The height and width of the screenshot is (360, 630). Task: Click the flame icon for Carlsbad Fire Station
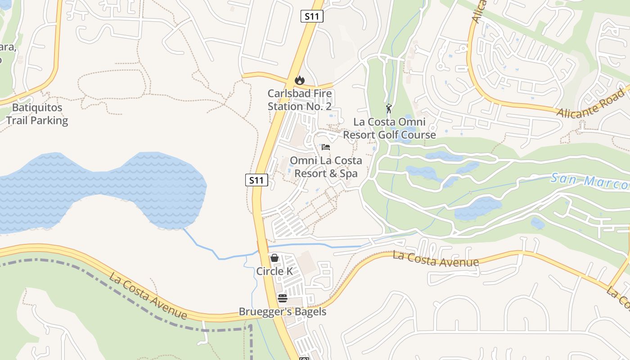[299, 80]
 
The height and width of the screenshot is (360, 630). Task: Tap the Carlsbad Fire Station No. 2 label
[300, 100]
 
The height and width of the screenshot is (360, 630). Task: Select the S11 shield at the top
[312, 17]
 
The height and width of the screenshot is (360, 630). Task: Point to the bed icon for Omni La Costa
[326, 147]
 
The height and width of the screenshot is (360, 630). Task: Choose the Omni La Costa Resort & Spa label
[326, 167]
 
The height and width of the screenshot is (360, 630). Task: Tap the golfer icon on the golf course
[389, 108]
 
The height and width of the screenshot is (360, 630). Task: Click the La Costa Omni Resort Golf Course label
[389, 128]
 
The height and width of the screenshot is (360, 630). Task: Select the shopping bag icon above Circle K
[274, 258]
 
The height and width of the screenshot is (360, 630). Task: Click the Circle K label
[274, 271]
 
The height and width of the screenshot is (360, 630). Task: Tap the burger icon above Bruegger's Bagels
[283, 298]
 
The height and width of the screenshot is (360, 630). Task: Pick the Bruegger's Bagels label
[283, 311]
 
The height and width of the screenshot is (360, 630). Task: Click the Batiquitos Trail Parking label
[37, 114]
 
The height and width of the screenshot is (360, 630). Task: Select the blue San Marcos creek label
[589, 181]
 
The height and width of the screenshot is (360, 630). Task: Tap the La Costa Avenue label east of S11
[436, 259]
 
